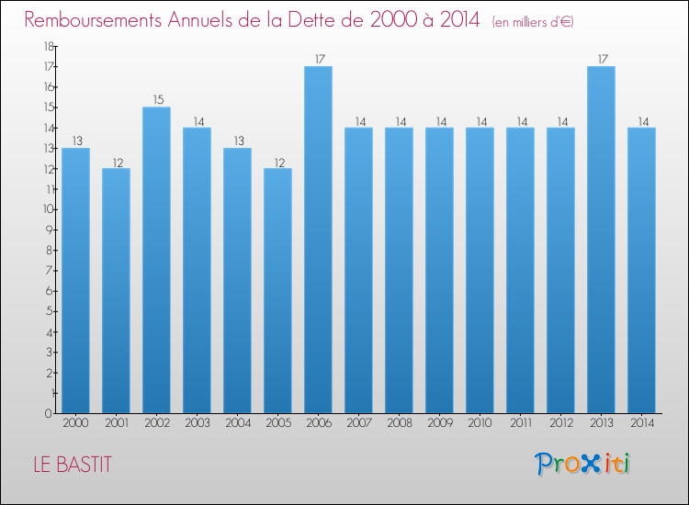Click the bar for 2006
click(318, 240)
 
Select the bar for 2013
click(601, 240)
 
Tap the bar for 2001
click(116, 291)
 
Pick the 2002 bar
click(156, 260)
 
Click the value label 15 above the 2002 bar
click(158, 100)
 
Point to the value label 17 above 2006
click(320, 59)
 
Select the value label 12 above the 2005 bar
click(279, 163)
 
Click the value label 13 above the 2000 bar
click(77, 141)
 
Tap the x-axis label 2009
click(440, 423)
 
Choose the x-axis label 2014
click(642, 423)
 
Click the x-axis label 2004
click(238, 423)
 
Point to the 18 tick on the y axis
click(49, 46)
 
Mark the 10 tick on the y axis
click(49, 209)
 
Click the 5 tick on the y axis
click(50, 311)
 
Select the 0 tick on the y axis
click(49, 413)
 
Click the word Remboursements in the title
click(93, 20)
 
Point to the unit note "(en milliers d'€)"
click(533, 22)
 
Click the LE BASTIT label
click(73, 465)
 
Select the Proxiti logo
click(582, 464)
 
